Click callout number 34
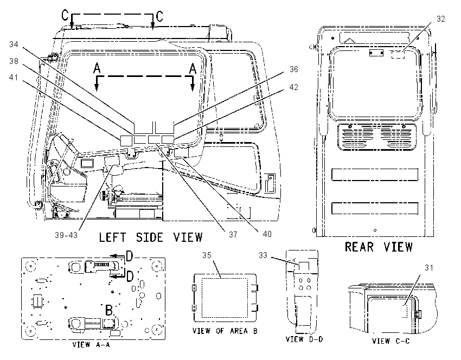click(14, 44)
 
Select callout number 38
click(14, 61)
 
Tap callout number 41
click(14, 78)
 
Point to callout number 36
click(294, 69)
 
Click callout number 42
click(294, 87)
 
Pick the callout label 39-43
click(66, 235)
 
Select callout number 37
click(233, 235)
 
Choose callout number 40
click(267, 234)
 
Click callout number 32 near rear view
click(441, 19)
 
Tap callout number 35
click(207, 255)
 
